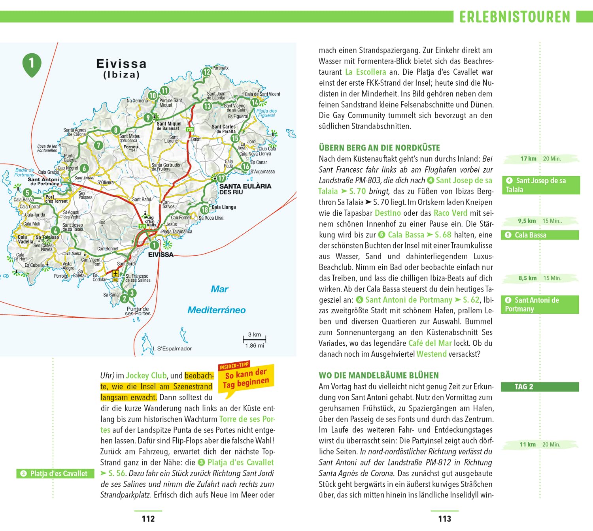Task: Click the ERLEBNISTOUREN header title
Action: [x=515, y=17]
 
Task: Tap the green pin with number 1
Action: [x=32, y=64]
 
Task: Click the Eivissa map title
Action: [x=121, y=68]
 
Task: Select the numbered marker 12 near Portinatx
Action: [x=207, y=72]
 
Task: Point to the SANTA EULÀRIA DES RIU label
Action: [x=245, y=189]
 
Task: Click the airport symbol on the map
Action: [x=115, y=273]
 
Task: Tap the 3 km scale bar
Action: [x=255, y=339]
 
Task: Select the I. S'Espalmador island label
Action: [x=173, y=348]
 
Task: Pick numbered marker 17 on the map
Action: [x=221, y=178]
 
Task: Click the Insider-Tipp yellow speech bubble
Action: [x=246, y=378]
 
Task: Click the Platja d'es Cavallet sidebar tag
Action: [x=55, y=473]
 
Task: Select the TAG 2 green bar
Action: [x=540, y=387]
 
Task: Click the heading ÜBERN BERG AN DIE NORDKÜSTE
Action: [x=380, y=148]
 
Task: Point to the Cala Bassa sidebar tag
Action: [x=540, y=235]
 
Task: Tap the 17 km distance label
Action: [x=528, y=159]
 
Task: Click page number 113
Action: [x=444, y=519]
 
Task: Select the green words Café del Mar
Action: [x=430, y=343]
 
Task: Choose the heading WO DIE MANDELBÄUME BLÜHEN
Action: [x=379, y=375]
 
